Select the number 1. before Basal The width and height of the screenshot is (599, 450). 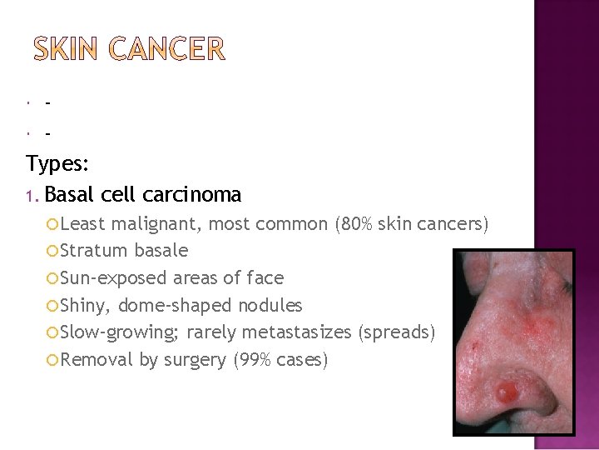[32, 196]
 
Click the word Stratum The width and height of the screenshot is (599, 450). [93, 250]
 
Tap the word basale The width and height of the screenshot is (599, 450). [160, 250]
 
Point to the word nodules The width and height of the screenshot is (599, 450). [270, 305]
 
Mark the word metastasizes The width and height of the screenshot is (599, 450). [270, 332]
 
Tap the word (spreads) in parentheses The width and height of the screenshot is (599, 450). [396, 332]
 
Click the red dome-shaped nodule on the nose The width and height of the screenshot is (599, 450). [505, 390]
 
